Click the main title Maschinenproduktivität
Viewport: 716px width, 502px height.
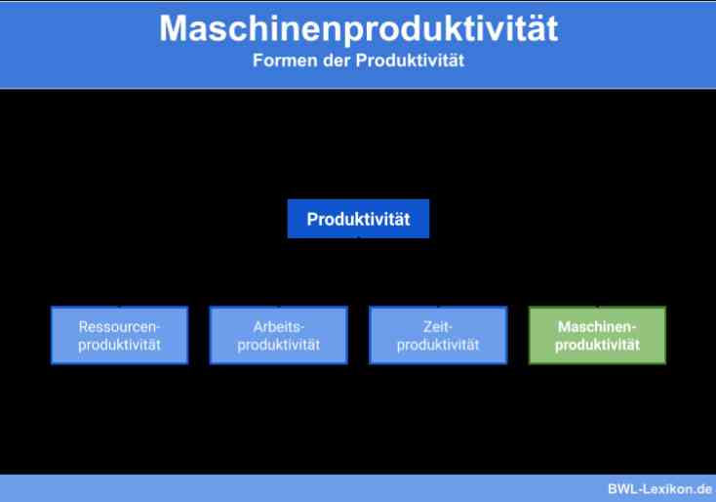coord(358,28)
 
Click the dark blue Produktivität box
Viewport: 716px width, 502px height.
coord(358,219)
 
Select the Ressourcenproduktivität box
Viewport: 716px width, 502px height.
coord(120,335)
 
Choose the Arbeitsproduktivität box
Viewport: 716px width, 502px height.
coord(279,335)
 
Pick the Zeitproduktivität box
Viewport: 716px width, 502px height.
coord(438,335)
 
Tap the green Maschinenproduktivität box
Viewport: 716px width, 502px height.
coord(597,335)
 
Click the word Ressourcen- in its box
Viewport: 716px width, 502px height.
coord(119,327)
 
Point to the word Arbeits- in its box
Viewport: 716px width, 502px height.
coord(279,327)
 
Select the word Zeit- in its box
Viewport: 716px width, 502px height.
coord(437,327)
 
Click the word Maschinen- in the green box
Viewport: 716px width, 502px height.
coord(597,327)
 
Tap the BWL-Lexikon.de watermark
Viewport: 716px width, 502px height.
coord(659,488)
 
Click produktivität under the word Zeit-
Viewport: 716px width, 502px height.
coord(438,345)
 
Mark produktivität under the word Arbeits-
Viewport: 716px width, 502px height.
coord(279,345)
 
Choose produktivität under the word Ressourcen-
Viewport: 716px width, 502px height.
coord(120,345)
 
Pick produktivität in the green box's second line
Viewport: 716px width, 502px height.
coord(597,345)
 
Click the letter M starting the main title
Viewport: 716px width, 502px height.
coord(173,28)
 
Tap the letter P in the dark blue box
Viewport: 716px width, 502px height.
coord(312,219)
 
